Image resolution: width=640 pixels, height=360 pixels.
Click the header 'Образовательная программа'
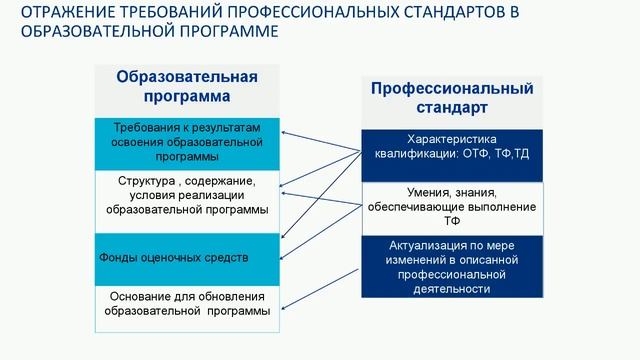pyautogui.click(x=187, y=86)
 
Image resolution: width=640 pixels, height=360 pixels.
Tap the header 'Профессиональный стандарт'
pyautogui.click(x=452, y=97)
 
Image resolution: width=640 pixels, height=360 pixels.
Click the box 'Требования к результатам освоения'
pyautogui.click(x=187, y=143)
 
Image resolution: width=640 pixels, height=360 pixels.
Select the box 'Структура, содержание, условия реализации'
pyautogui.click(x=187, y=196)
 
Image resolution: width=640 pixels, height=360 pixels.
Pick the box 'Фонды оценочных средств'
pyautogui.click(x=187, y=258)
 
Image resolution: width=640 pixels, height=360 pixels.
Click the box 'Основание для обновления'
pyautogui.click(x=187, y=304)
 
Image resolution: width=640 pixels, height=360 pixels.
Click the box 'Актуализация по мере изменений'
pyautogui.click(x=452, y=266)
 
